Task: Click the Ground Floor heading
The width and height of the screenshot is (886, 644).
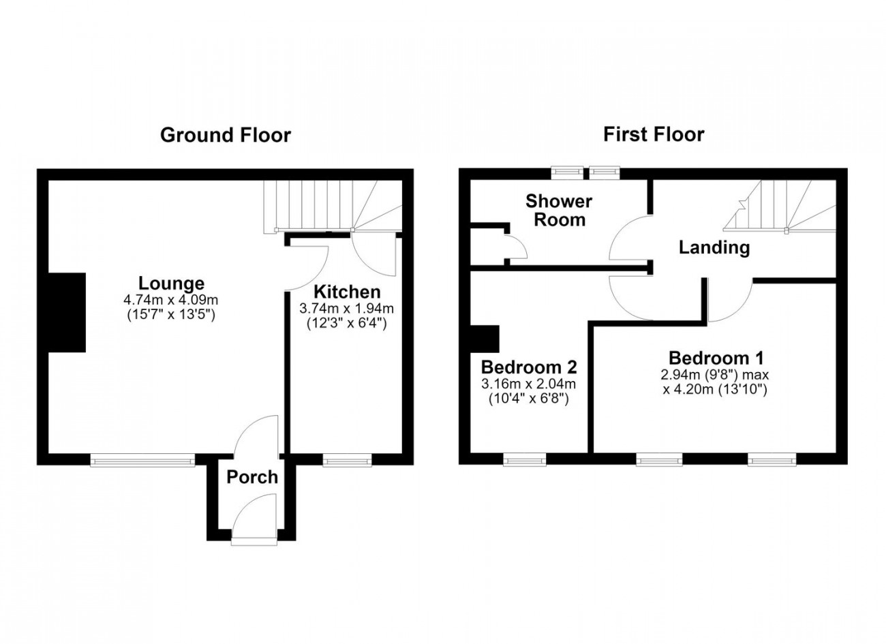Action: (226, 136)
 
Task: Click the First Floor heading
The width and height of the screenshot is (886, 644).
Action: (654, 134)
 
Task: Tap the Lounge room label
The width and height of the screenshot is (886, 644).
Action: (171, 283)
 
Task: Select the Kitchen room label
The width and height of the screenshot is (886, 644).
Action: (347, 292)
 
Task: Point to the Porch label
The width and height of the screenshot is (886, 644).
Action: (252, 477)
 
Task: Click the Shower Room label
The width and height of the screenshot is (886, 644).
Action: (559, 211)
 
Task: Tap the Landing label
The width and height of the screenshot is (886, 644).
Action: (714, 247)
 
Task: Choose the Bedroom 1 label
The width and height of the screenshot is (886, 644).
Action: (716, 358)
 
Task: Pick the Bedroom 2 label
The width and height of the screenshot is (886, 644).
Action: (529, 367)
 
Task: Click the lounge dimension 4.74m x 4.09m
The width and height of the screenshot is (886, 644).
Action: (171, 300)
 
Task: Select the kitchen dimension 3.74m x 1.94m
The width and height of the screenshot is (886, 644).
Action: (346, 308)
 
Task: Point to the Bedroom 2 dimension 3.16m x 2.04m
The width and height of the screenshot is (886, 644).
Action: (529, 383)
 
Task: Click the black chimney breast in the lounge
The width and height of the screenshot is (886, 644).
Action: (67, 313)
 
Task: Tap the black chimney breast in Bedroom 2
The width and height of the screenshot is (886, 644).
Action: (485, 339)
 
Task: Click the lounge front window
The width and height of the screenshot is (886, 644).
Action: (142, 461)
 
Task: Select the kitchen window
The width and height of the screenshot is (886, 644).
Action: (348, 461)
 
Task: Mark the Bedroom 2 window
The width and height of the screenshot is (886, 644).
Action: (525, 461)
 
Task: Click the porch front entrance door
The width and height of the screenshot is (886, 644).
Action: (254, 520)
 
